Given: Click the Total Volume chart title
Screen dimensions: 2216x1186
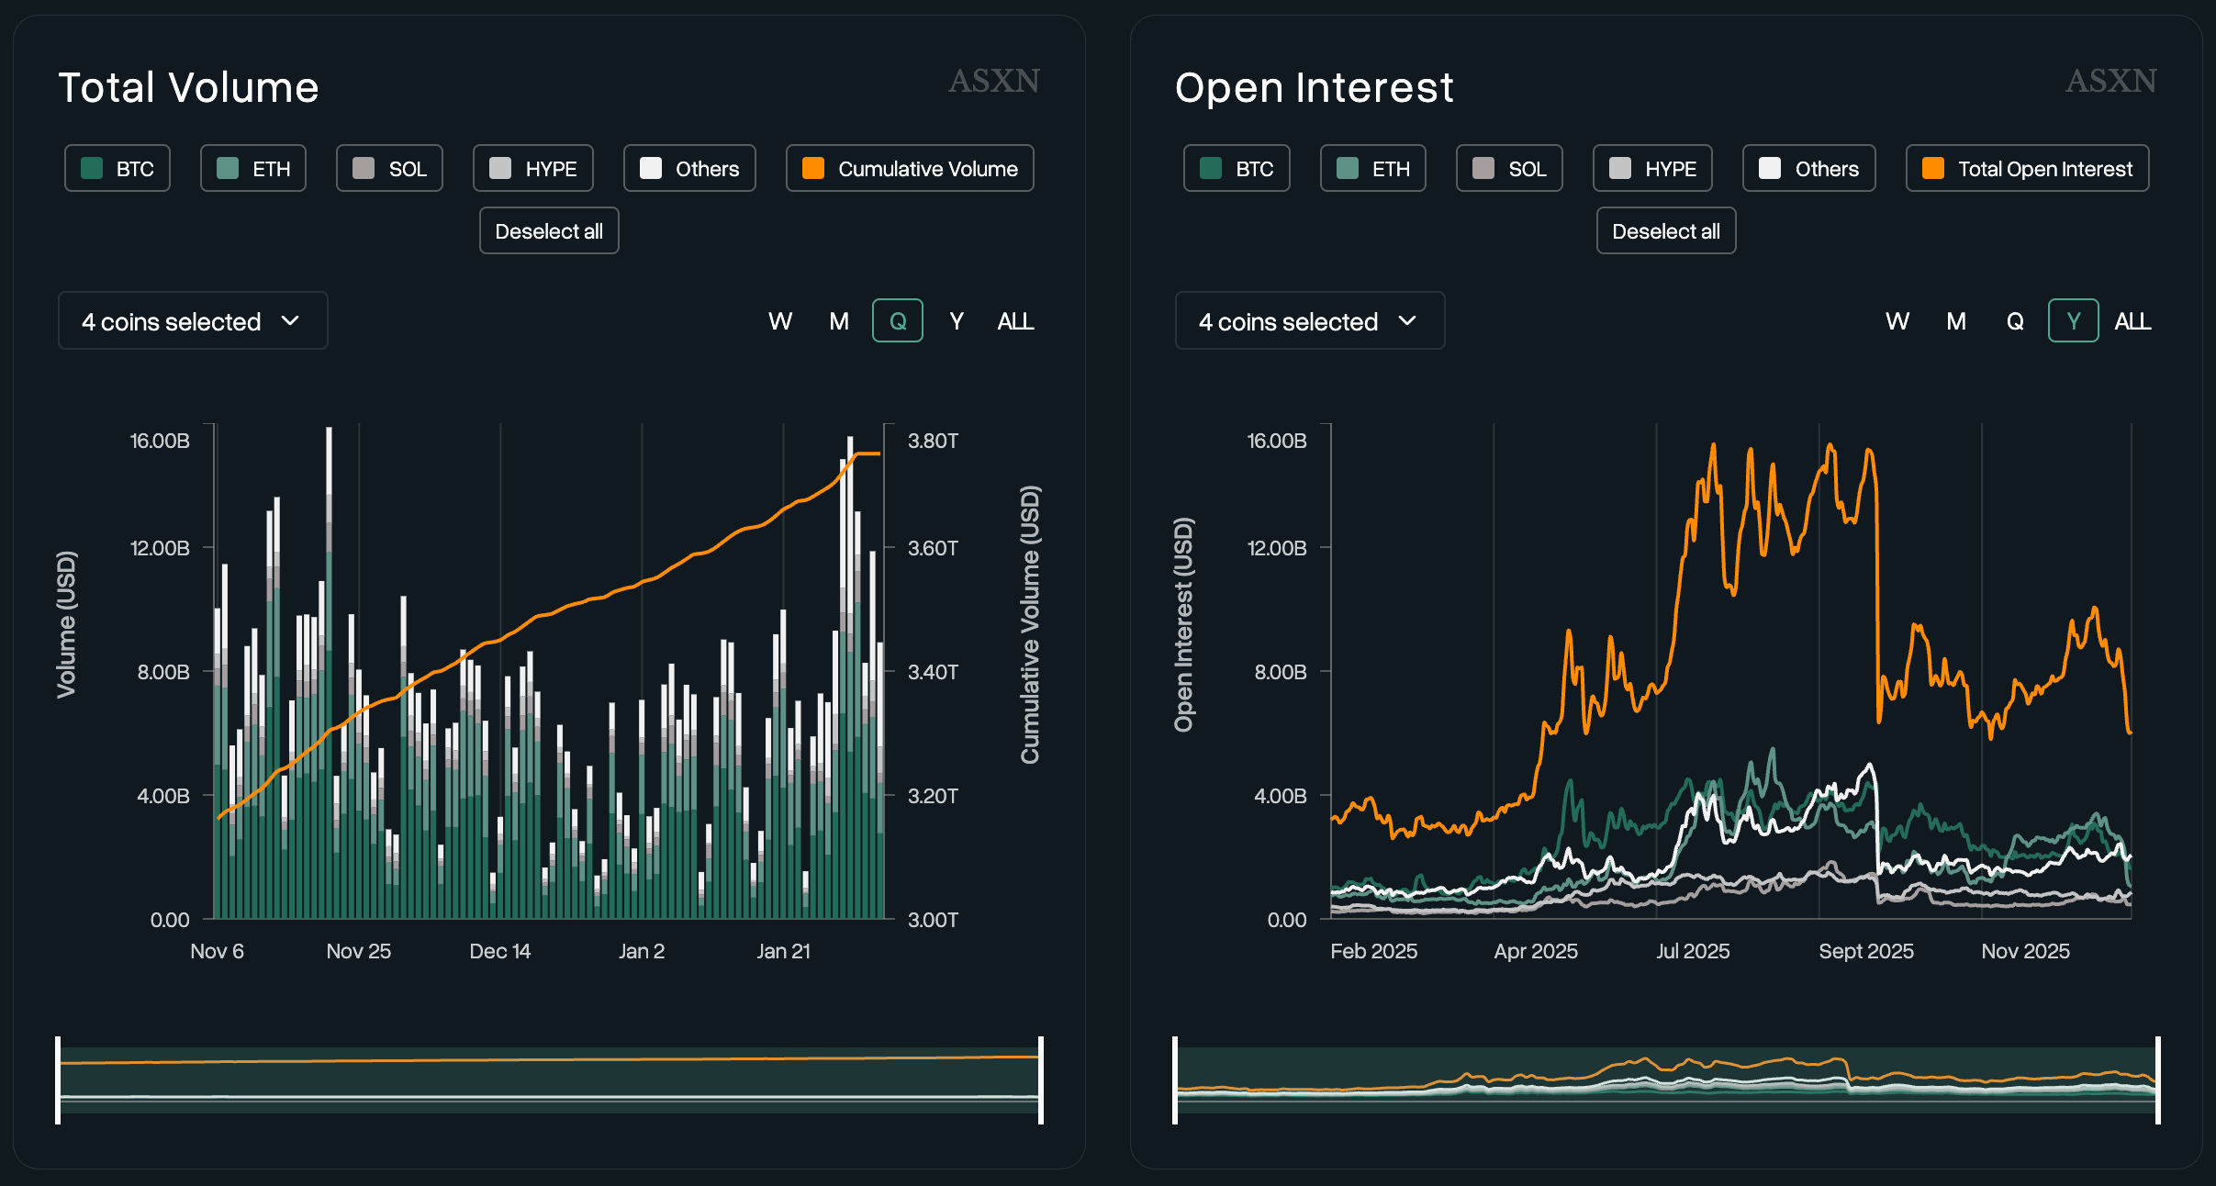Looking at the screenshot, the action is [x=188, y=88].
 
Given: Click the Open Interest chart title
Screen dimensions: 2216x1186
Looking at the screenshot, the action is [x=1314, y=88].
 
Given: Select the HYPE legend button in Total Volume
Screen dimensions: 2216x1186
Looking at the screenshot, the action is [x=533, y=168].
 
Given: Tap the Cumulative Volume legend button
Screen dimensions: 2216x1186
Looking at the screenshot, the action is [x=910, y=168].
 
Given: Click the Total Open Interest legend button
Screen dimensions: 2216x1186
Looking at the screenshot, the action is [x=2027, y=168].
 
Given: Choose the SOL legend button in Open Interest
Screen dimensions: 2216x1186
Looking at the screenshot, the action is [x=1509, y=168].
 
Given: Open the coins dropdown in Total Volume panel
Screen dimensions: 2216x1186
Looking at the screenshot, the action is [x=193, y=320].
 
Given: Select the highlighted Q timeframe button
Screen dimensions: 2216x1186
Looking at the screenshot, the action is [x=898, y=320].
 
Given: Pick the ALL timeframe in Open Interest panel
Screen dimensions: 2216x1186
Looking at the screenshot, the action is [x=2132, y=320].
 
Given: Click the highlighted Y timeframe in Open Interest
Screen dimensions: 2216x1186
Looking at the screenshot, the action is [x=2073, y=320].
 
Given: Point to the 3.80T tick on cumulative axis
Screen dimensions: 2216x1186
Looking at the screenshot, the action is [x=933, y=441].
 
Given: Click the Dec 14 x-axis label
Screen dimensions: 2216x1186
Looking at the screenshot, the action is [x=500, y=951].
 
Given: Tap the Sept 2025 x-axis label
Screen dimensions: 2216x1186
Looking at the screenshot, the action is [x=1866, y=951].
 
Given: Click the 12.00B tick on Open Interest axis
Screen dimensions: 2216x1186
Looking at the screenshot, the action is [x=1277, y=548].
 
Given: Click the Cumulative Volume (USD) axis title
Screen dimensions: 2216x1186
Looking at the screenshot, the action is [x=1030, y=624].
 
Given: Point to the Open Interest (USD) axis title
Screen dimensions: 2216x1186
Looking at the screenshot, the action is [x=1184, y=624].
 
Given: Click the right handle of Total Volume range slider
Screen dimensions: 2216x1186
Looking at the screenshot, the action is [x=1041, y=1080].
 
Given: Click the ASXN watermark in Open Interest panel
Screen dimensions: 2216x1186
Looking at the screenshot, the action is [x=2111, y=81].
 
